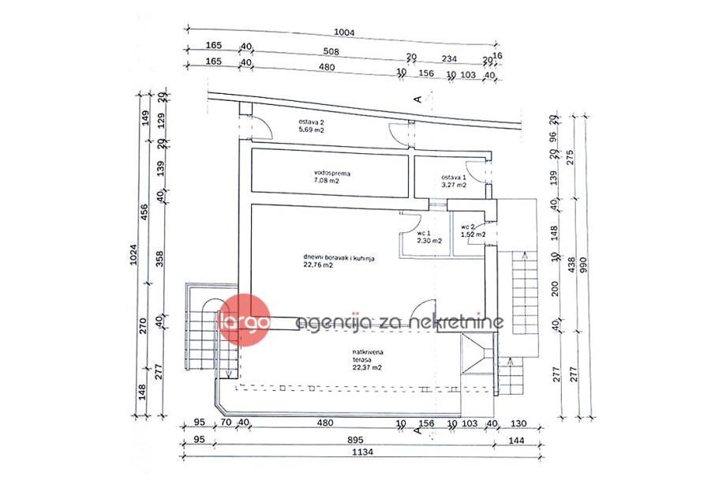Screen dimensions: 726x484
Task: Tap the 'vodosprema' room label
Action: [331, 171]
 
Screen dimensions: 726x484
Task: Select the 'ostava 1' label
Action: [453, 178]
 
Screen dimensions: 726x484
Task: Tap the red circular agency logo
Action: [245, 321]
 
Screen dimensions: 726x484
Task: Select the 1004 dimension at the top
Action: [345, 32]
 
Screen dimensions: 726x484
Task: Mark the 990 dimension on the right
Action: [585, 266]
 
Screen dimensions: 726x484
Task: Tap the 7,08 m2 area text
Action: [326, 180]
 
